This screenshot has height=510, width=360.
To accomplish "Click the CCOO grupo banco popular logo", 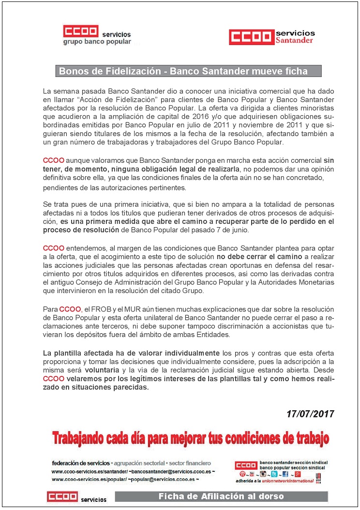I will tap(97, 35).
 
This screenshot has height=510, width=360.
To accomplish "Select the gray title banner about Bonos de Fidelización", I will tap(188, 71).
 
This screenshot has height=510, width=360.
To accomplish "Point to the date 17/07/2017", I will tap(310, 414).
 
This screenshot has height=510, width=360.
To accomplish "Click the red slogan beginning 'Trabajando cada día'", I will tap(190, 439).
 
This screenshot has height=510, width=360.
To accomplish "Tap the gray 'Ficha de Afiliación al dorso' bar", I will tap(221, 496).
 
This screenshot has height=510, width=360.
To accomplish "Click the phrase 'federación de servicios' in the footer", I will tap(80, 463).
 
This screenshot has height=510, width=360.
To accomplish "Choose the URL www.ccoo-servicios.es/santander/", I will tap(89, 471).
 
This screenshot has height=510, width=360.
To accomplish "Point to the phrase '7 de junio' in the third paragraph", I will tap(235, 229).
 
